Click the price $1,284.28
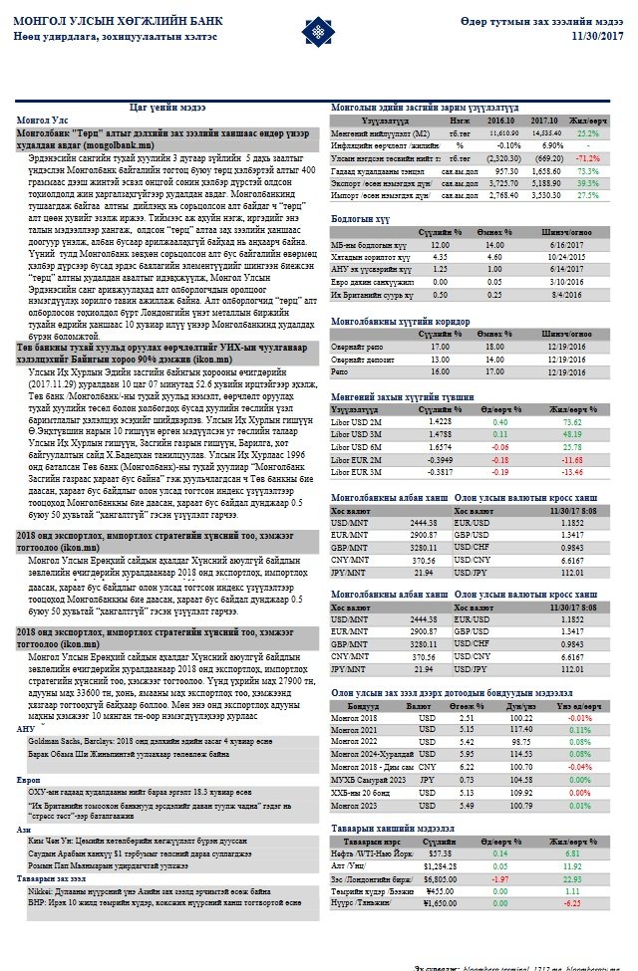[x=440, y=866]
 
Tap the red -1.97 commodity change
[x=499, y=879]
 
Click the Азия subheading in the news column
[x=24, y=829]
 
